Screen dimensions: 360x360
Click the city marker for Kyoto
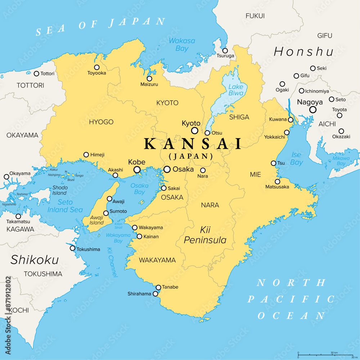[195, 131]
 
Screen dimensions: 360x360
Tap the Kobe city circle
[137, 170]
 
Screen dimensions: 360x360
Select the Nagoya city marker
[313, 110]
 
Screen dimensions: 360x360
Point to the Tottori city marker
[36, 74]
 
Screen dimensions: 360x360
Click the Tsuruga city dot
[225, 51]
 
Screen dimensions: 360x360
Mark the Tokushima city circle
[73, 248]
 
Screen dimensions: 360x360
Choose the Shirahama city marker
[156, 294]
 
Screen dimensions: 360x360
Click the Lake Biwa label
[236, 90]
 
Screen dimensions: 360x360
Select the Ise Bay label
[297, 158]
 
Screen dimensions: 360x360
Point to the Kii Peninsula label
[205, 234]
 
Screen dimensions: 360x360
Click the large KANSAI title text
[193, 144]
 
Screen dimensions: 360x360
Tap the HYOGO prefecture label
[101, 122]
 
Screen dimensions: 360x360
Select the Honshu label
[303, 52]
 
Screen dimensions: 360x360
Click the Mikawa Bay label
[341, 161]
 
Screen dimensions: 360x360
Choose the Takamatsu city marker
[18, 216]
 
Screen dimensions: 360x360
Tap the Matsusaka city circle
[277, 181]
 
